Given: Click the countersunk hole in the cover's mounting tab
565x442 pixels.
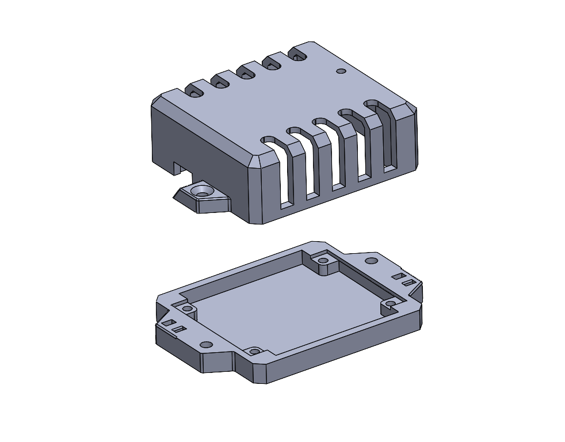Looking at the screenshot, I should click(x=202, y=190).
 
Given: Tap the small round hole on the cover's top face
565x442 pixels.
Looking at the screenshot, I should click(x=341, y=71).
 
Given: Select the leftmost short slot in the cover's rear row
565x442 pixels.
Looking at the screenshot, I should click(x=194, y=91).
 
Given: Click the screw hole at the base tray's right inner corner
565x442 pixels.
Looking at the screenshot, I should click(x=390, y=303).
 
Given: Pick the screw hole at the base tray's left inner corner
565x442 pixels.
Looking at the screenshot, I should click(x=187, y=310).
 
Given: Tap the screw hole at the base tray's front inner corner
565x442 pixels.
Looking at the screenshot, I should click(x=254, y=350).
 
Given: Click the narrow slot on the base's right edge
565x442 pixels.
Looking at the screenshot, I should click(x=409, y=283).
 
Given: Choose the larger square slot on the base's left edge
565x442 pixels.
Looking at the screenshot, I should click(x=167, y=323).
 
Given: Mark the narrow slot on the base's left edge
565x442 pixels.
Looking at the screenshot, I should click(x=178, y=329).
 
